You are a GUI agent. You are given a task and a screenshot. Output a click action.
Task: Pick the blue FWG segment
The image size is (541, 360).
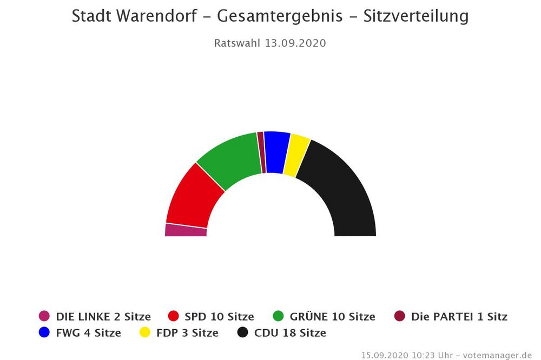point(275,152)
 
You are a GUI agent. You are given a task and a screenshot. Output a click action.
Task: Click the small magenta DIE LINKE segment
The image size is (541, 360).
point(186,230)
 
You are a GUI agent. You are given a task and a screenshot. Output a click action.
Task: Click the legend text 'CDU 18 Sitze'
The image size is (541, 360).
point(290,333)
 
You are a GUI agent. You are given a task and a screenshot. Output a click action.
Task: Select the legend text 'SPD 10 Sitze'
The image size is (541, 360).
point(219,317)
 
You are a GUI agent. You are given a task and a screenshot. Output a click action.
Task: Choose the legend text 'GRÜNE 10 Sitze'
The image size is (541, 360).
point(332,317)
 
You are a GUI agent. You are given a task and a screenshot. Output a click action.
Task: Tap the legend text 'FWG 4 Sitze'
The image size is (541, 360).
point(88,333)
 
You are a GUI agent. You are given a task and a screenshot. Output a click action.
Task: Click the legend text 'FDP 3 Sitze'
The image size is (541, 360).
point(187,333)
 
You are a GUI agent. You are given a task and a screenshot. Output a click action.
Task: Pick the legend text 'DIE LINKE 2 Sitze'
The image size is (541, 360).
point(103,317)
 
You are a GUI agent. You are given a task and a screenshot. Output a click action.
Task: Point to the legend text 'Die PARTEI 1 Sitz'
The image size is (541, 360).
point(459,317)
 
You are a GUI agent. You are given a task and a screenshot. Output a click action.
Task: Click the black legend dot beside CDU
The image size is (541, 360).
point(243,333)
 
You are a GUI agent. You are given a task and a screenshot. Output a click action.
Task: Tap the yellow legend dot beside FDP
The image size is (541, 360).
point(145,333)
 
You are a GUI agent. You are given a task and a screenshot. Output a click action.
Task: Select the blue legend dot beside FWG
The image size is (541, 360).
point(44,333)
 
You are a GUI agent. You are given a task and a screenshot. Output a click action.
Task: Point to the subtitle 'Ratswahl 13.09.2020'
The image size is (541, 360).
point(270,43)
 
